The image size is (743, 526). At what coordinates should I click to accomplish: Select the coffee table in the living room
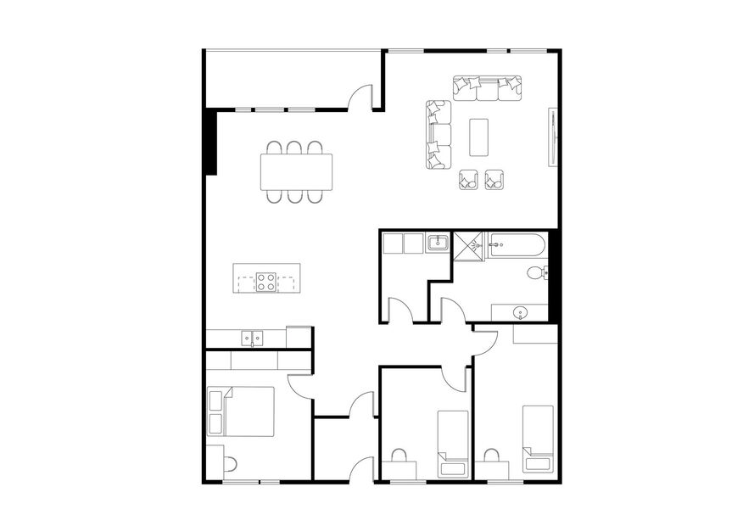pyautogui.click(x=479, y=137)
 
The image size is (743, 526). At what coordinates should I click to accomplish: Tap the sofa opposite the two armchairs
pyautogui.click(x=487, y=87)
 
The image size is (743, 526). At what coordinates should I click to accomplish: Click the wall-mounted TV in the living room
pyautogui.click(x=554, y=137)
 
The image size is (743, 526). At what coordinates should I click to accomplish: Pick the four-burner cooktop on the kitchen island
pyautogui.click(x=266, y=281)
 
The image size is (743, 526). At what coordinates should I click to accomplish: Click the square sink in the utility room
pyautogui.click(x=438, y=243)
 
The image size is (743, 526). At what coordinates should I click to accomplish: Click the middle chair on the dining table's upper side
pyautogui.click(x=294, y=148)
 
